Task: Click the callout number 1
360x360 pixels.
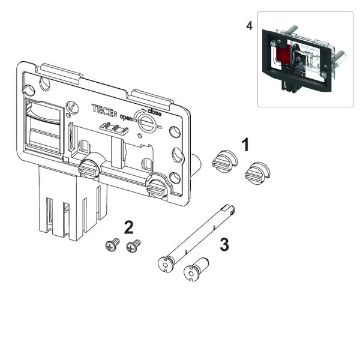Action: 245,145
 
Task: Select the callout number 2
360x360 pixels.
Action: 129,227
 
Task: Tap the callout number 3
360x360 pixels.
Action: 224,244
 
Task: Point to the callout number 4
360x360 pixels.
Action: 249,25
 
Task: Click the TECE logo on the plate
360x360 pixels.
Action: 104,110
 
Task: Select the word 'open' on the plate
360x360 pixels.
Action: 126,118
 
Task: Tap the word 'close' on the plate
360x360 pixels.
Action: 154,112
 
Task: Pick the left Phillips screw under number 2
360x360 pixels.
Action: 113,245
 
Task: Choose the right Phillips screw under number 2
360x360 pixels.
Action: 133,246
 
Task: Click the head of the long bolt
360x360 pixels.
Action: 166,265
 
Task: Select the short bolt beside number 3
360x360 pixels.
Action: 196,269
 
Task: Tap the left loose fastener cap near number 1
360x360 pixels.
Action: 225,161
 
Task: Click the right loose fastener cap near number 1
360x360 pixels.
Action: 257,173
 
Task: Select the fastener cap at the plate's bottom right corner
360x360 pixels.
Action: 158,186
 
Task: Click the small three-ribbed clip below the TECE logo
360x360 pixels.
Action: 113,128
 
